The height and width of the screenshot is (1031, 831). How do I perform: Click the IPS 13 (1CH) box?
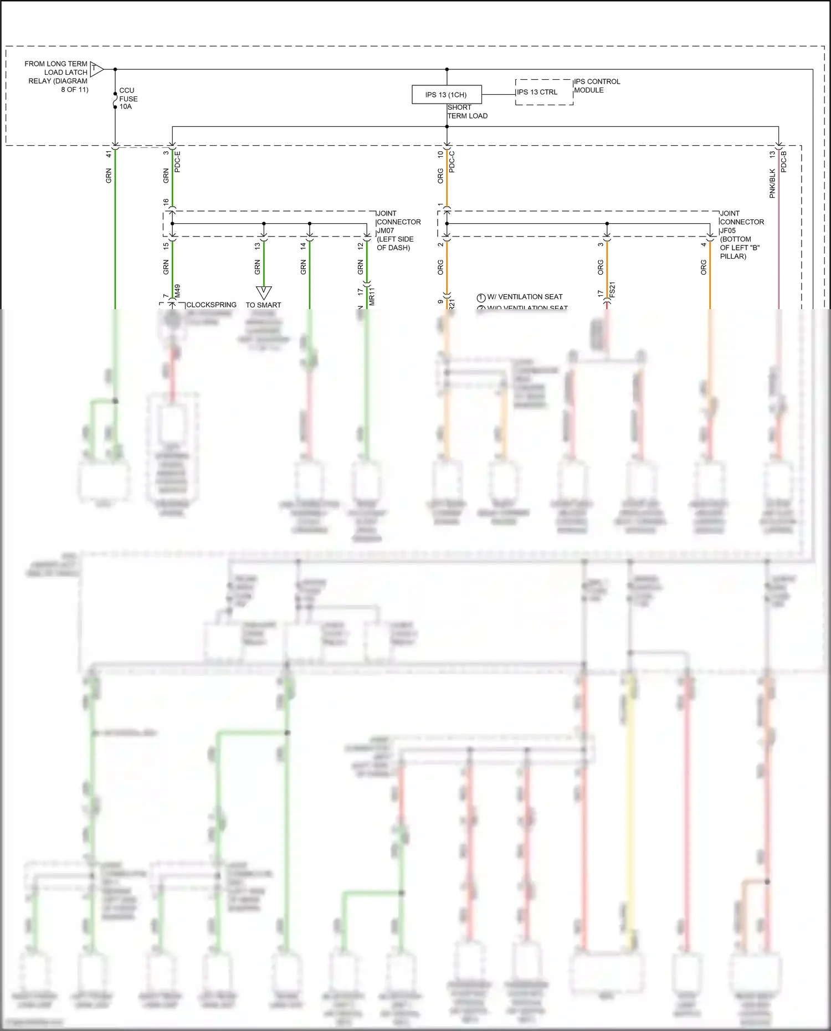coord(447,95)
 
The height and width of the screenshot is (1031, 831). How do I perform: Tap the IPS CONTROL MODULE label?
coord(597,86)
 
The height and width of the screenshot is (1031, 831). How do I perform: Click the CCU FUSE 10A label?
coord(128,98)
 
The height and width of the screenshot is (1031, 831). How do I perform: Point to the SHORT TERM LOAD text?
coord(467,111)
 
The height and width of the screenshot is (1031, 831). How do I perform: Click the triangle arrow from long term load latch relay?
coord(96,69)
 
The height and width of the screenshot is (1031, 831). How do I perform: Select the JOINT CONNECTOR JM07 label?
coord(398,230)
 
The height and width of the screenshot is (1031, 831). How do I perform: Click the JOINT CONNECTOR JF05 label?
coord(741,234)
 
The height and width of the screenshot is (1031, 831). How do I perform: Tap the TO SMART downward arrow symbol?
coord(264,293)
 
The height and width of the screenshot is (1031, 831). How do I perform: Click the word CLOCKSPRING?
coord(211,305)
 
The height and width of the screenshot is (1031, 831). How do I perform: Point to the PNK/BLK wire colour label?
coord(772,183)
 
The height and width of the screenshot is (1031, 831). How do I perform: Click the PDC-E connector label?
coord(177,162)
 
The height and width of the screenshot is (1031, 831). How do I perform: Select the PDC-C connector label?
coord(452,162)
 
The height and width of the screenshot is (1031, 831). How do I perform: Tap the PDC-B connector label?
coord(783,162)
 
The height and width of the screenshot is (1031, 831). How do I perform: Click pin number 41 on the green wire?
coord(109,155)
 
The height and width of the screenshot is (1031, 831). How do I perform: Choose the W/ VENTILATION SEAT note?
coord(524,297)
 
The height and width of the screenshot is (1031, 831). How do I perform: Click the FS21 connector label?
coord(612,290)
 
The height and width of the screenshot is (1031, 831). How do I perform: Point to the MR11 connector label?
coord(371,296)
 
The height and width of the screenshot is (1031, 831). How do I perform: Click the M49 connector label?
coord(177,291)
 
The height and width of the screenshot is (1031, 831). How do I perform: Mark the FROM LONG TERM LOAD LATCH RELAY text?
coord(57,76)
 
